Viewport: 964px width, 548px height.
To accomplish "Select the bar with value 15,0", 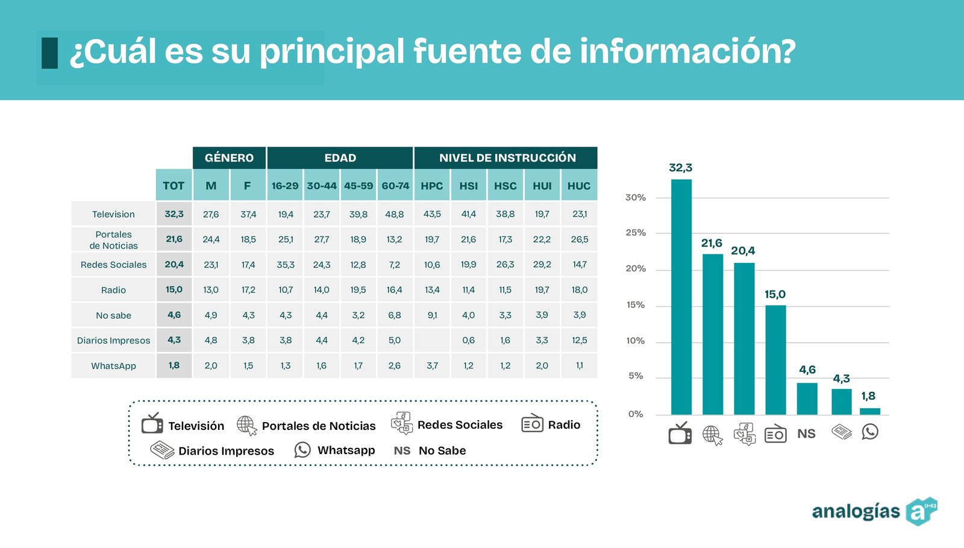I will coord(775,360).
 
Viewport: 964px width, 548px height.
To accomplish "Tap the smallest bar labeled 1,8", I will coord(869,411).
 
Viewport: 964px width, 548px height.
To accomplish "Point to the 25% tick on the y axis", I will coord(636,233).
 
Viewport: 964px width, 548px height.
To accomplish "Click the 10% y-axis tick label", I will coord(636,341).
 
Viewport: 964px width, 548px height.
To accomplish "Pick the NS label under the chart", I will coord(806,433).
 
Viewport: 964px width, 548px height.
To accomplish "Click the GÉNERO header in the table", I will coord(229,158).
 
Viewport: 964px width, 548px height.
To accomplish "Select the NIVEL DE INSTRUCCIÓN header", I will coord(507,158).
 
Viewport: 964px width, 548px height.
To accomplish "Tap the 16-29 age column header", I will coord(285,186).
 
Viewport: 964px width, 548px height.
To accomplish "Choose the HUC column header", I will coord(579,186).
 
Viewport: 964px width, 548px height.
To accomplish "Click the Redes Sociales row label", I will coord(113,265).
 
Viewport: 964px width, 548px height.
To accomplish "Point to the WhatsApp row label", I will coord(113,366).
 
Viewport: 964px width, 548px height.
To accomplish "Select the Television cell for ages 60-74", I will coord(395,214).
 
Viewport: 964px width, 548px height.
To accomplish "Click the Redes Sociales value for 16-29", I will coord(286,265).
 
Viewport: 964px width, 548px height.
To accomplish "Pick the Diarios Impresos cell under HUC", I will coord(580,341).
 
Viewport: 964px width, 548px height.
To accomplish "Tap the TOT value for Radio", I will coord(174,290).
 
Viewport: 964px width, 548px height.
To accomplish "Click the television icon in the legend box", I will coord(152,424).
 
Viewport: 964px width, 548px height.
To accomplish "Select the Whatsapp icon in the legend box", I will coord(302,450).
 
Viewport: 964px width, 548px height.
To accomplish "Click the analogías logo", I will coord(874,511).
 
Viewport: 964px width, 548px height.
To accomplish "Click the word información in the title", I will coord(687,51).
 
